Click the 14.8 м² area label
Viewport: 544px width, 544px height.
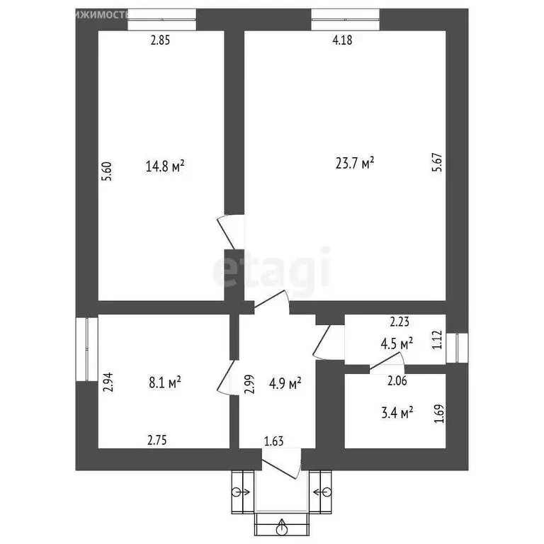coord(165,166)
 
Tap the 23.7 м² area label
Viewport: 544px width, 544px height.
coord(354,164)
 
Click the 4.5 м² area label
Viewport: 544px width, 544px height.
coord(397,344)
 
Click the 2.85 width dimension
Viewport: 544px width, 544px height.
coord(161,40)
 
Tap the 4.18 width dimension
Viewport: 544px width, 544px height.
coord(342,40)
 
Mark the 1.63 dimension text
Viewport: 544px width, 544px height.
coord(274,442)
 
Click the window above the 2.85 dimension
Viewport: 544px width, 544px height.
coord(161,19)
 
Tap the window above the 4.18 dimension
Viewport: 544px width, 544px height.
coord(345,19)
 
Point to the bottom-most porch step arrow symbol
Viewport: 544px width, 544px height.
coord(282,527)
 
